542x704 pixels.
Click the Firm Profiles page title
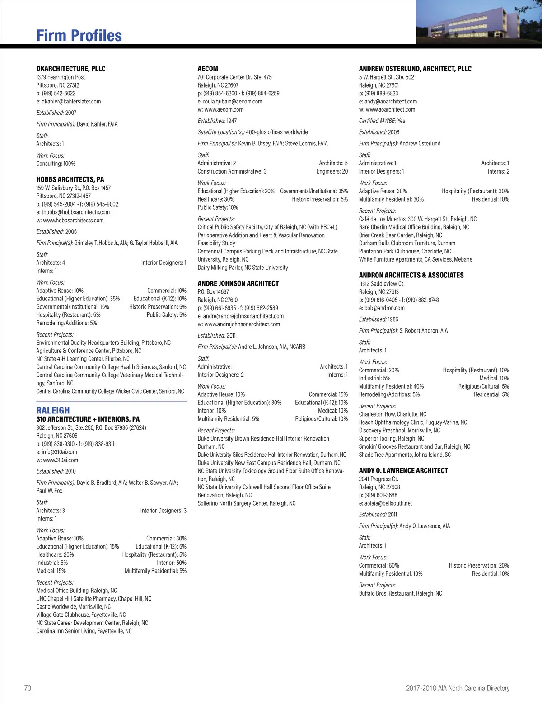click(x=79, y=36)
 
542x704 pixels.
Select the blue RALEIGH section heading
click(x=53, y=410)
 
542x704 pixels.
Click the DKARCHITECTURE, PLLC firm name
click(x=71, y=69)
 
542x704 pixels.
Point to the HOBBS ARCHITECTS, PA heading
click(x=70, y=179)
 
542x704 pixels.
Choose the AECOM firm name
click(x=208, y=69)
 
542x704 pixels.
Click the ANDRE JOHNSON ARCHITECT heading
click(x=238, y=283)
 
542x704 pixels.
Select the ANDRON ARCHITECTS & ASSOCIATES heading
click(x=411, y=275)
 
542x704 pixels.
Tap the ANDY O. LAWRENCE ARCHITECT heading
click(x=403, y=470)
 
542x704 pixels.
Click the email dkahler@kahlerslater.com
click(x=69, y=102)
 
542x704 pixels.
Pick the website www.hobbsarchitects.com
click(x=70, y=221)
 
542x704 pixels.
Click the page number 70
click(x=28, y=688)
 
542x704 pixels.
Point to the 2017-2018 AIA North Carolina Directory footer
click(x=458, y=688)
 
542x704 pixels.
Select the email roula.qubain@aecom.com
click(x=230, y=102)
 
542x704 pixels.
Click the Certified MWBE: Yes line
click(x=382, y=121)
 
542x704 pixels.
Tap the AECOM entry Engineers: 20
click(x=332, y=171)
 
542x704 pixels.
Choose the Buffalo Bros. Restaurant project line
click(x=401, y=593)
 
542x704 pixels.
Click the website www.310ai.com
click(x=57, y=460)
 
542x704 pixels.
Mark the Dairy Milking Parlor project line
click(x=243, y=268)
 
